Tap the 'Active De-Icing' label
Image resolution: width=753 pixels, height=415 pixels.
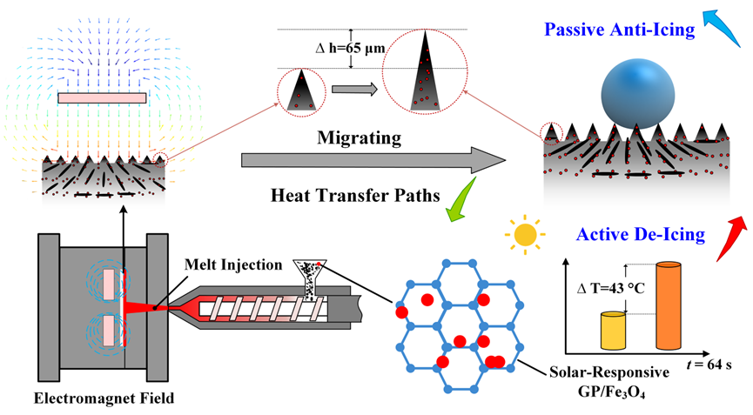coord(629,234)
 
